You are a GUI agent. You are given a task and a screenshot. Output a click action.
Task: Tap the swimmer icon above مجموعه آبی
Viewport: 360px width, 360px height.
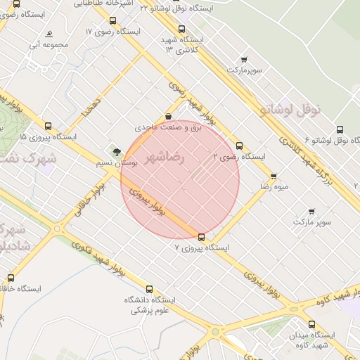click(x=49, y=34)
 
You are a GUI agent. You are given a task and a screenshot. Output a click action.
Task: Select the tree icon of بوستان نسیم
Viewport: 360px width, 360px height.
click(x=116, y=150)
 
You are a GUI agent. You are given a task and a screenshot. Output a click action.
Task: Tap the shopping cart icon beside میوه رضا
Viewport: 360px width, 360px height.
click(x=274, y=176)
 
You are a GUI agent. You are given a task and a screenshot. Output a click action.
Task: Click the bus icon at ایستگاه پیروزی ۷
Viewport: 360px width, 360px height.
click(x=202, y=237)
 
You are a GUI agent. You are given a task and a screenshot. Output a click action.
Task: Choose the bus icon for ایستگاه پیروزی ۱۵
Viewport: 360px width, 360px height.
click(x=48, y=127)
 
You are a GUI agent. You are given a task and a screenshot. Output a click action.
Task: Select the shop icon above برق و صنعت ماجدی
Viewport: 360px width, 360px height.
click(x=167, y=117)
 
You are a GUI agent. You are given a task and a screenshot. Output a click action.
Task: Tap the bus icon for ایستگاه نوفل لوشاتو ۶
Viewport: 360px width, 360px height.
click(x=340, y=130)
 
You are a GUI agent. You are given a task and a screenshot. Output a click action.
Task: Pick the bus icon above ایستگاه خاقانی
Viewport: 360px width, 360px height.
click(x=10, y=278)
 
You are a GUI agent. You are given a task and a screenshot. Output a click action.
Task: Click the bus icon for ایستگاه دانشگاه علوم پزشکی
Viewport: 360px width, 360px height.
click(x=148, y=289)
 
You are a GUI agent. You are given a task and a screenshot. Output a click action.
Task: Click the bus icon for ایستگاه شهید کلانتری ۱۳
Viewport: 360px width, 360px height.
click(x=182, y=30)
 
